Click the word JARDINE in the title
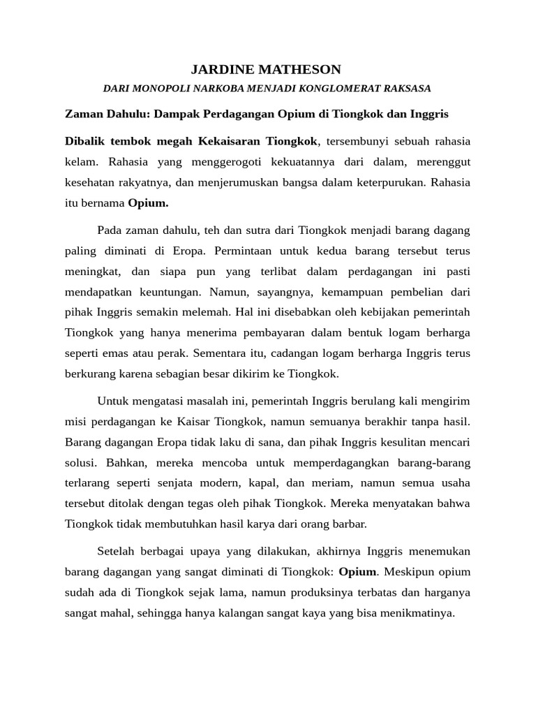[x=219, y=69]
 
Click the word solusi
[x=80, y=463]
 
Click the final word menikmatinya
[x=420, y=614]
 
